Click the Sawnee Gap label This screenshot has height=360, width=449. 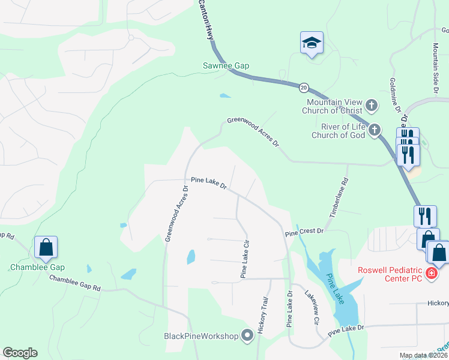point(226,65)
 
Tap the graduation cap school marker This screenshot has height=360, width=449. point(312,43)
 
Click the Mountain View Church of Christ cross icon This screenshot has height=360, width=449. point(372,106)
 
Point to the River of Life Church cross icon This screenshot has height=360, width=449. point(375,130)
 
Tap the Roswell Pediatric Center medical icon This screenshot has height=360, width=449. point(430,274)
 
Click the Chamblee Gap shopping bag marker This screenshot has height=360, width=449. point(46,247)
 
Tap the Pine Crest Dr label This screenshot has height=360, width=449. point(304,232)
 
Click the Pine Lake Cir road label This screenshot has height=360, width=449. point(245,259)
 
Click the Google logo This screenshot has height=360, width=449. point(20,353)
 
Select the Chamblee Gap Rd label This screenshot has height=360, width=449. point(74,283)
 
